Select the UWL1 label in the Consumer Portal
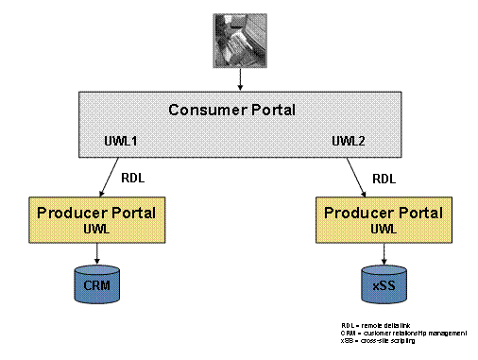[122, 142]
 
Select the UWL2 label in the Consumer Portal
[349, 142]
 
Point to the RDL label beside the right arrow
[384, 176]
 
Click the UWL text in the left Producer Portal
[97, 229]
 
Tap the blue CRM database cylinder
[98, 282]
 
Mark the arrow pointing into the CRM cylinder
[98, 252]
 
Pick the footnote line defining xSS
[377, 340]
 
